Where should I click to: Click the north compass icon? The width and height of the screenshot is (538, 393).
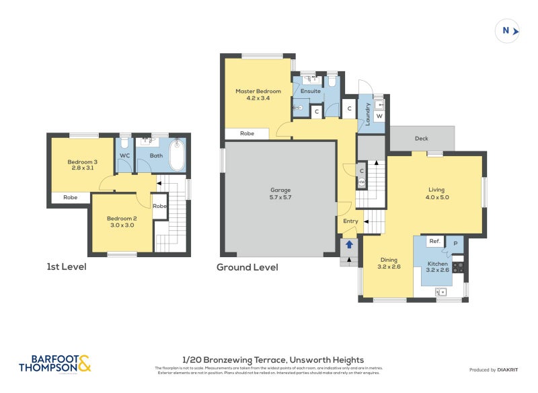(x=508, y=30)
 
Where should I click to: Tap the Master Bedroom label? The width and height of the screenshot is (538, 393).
(x=258, y=91)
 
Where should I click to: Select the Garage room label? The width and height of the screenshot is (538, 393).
(x=280, y=189)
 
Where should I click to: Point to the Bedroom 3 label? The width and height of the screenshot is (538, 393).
(x=82, y=162)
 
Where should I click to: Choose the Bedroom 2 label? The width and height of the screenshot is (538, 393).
(x=121, y=218)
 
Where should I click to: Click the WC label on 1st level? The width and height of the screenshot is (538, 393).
(x=124, y=155)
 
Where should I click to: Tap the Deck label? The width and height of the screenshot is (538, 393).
(x=421, y=139)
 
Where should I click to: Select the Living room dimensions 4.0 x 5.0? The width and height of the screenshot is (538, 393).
(x=437, y=198)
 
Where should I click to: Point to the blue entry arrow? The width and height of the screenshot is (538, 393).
(x=348, y=246)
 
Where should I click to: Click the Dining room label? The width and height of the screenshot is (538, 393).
(x=389, y=260)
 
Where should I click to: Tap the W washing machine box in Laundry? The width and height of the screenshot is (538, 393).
(x=379, y=116)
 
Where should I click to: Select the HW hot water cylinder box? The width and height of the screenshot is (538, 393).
(x=362, y=182)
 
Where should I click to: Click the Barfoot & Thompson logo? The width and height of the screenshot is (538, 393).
(x=54, y=364)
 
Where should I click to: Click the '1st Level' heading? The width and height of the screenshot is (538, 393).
(x=67, y=266)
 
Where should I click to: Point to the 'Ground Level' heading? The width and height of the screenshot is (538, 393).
(x=247, y=267)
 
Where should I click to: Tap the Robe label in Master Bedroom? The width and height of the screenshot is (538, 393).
(x=247, y=134)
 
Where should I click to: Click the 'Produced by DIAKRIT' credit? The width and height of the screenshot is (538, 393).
(x=497, y=370)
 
